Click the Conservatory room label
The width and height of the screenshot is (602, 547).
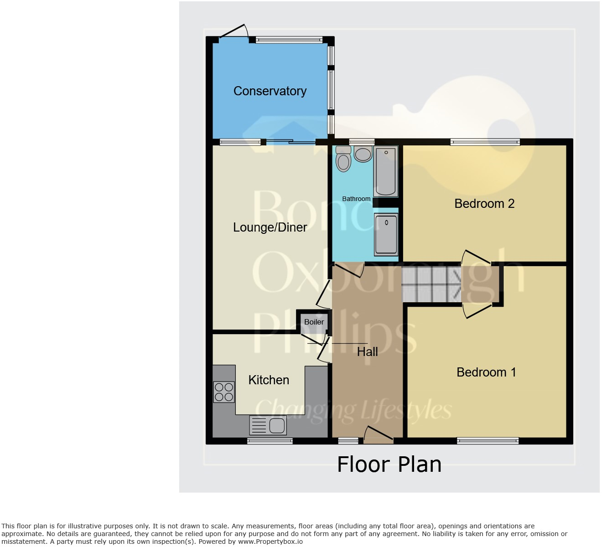click(270, 91)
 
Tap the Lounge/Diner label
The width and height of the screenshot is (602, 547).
click(270, 227)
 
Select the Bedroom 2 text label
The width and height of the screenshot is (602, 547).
click(484, 203)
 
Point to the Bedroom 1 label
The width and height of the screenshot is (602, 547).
click(486, 372)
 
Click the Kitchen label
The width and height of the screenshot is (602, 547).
click(269, 380)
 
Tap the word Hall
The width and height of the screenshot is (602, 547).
click(367, 351)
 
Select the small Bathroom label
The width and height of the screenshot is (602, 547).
click(356, 199)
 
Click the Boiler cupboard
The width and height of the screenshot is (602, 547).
click(314, 322)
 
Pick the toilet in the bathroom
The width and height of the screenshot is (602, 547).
click(343, 160)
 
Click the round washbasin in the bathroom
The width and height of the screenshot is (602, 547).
click(363, 155)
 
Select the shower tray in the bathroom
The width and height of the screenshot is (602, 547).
click(386, 234)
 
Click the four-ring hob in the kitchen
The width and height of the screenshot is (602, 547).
click(224, 392)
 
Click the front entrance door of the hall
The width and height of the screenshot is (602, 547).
click(378, 435)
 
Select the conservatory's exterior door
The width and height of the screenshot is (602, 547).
click(234, 31)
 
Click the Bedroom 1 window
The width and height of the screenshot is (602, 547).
click(488, 440)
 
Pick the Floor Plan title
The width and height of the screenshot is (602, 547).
click(389, 464)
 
